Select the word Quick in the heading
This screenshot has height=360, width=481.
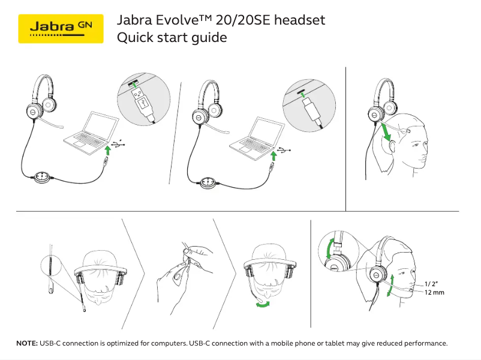(134, 38)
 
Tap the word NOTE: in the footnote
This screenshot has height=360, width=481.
(26, 344)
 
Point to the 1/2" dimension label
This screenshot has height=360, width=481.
(432, 284)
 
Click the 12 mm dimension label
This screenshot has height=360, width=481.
(434, 292)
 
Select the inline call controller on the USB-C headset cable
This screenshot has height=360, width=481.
(208, 181)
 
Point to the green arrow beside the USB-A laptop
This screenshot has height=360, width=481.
(107, 149)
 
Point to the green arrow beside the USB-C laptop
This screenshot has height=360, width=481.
(273, 156)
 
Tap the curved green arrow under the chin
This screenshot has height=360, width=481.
(261, 305)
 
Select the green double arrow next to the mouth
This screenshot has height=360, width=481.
(392, 285)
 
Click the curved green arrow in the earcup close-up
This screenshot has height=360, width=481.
(328, 248)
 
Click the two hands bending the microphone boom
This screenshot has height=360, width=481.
(184, 269)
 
